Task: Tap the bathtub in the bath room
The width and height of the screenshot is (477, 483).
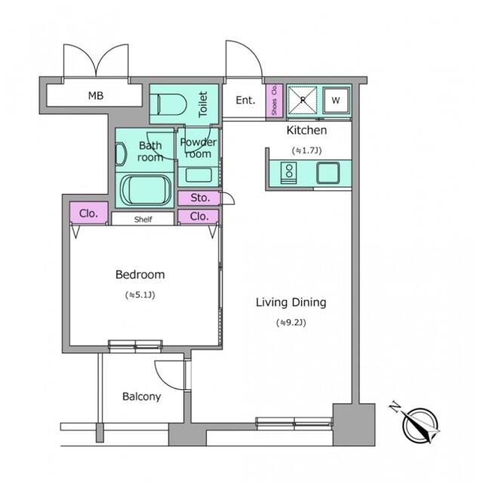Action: [x=146, y=189]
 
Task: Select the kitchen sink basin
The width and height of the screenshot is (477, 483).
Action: [x=328, y=173]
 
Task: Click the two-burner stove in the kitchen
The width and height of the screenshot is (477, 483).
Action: [x=289, y=173]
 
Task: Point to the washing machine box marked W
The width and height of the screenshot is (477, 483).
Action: [x=336, y=100]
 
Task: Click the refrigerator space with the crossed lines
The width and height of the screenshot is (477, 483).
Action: [x=303, y=100]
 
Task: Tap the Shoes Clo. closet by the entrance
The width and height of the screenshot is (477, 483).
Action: [x=274, y=100]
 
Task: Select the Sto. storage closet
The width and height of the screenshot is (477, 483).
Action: [x=198, y=198]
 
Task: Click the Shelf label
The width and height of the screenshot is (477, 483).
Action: [x=143, y=220]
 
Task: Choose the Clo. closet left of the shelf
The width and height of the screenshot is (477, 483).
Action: [x=89, y=213]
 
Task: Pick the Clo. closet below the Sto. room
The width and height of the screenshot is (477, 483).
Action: [x=198, y=217]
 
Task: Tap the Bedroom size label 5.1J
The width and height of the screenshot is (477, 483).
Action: [x=140, y=295]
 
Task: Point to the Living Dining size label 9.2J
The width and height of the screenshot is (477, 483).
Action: [x=291, y=322]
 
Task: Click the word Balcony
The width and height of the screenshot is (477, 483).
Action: [x=142, y=396]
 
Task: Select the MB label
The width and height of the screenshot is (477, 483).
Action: [x=96, y=96]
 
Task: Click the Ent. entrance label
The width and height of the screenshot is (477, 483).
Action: [x=245, y=100]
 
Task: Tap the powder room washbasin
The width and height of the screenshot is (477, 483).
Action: [x=198, y=175]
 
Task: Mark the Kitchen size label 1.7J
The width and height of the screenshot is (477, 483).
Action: [x=306, y=150]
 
